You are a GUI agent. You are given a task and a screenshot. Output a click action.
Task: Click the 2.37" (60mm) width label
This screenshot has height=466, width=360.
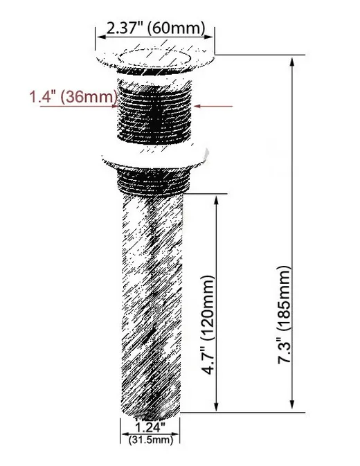155,28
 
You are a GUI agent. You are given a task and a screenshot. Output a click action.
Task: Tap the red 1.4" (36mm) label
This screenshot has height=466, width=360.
72,97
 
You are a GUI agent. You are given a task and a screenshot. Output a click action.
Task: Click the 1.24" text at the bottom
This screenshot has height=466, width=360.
152,427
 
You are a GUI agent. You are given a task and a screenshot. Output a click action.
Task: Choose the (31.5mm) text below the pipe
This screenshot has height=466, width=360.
152,440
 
